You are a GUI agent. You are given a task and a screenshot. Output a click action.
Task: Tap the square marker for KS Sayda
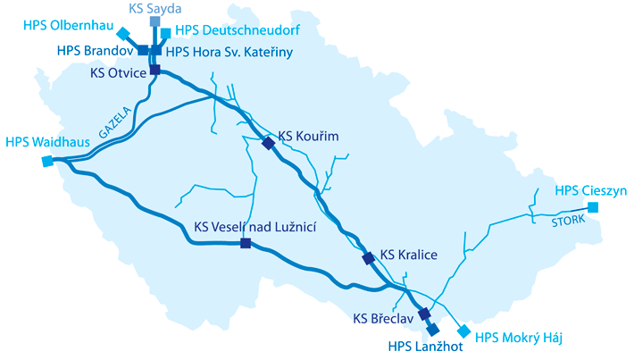click(155, 21)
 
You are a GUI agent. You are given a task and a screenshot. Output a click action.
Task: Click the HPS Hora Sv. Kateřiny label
click(229, 53)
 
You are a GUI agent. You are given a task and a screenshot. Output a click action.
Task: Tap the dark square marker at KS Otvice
click(155, 70)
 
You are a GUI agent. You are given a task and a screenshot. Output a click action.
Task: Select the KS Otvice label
click(118, 73)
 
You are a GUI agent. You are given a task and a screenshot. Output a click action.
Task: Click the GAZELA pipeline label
click(115, 121)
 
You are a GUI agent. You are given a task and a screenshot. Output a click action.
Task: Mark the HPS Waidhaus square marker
click(46, 162)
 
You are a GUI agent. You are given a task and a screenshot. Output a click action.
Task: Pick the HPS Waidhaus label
click(42, 142)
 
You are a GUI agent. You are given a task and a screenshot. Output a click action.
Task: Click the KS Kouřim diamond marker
click(268, 143)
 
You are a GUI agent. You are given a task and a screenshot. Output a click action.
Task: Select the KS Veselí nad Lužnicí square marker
click(246, 242)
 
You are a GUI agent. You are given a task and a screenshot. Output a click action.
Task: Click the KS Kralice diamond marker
click(368, 258)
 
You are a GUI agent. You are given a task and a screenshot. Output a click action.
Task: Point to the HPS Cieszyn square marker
click(593, 207)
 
